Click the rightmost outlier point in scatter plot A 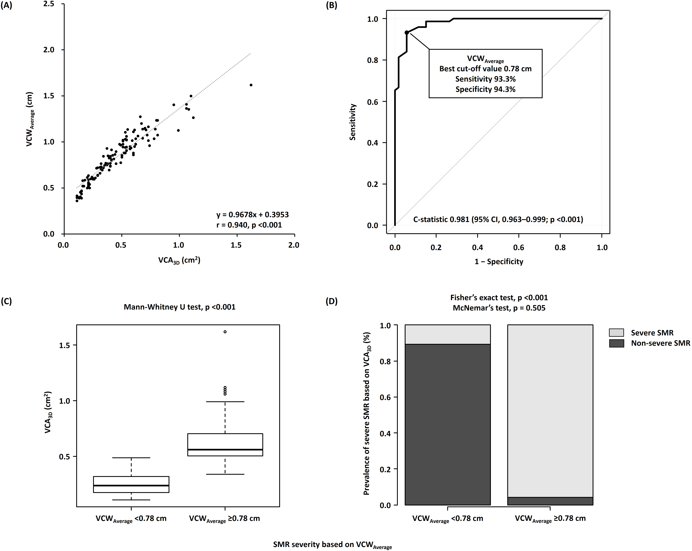(251, 85)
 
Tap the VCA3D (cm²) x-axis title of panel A (179, 260)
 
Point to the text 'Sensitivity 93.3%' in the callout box (485, 79)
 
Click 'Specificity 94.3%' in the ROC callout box (485, 89)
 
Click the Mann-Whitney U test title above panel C (179, 307)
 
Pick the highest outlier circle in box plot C (225, 332)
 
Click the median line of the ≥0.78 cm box (225, 450)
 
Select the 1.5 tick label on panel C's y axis (65, 345)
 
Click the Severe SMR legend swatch (617, 332)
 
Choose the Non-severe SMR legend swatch (617, 343)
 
